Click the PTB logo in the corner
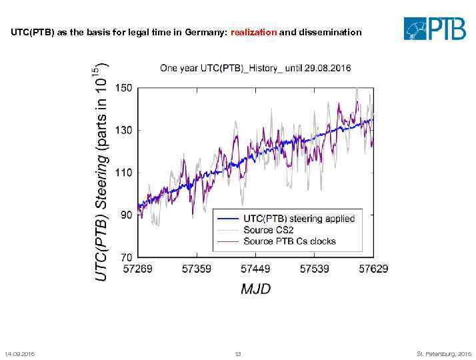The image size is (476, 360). point(435,29)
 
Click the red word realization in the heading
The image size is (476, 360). point(253,32)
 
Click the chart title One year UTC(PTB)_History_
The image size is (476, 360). point(255,68)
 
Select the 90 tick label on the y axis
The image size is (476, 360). point(125,215)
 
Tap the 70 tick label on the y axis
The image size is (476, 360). point(125,257)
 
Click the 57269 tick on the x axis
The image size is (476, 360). point(138,269)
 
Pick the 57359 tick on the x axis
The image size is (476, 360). point(197,269)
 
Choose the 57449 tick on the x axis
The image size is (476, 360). point(255,269)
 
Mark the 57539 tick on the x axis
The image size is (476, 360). point(315,269)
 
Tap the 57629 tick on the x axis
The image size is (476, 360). point(373,269)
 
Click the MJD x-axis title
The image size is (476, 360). point(255,289)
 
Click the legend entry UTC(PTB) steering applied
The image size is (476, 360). point(299,219)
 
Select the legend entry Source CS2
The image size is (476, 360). point(267,230)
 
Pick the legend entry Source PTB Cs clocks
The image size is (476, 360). point(289,241)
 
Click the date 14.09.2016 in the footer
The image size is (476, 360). point(19,353)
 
